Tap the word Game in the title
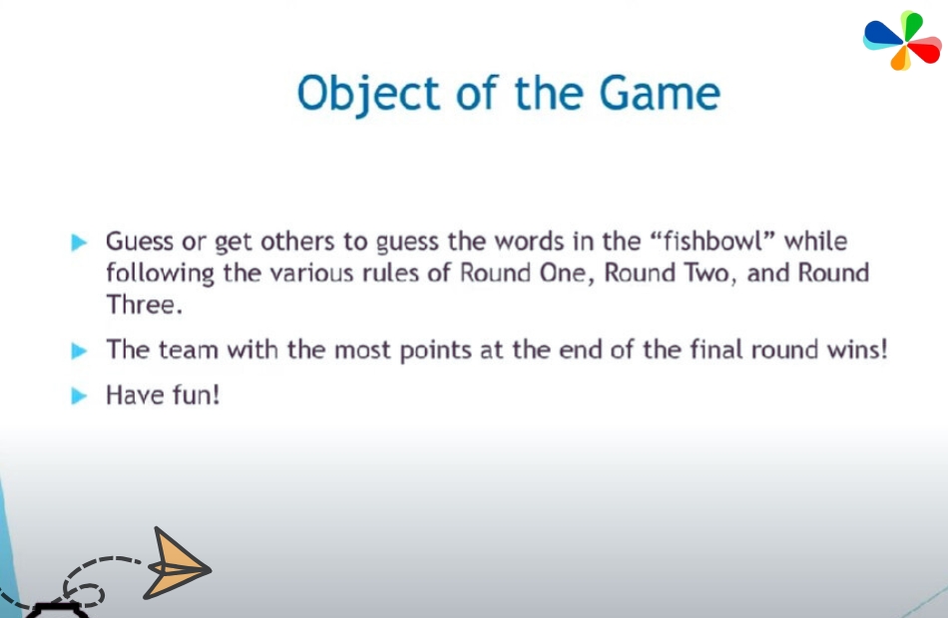pyautogui.click(x=660, y=93)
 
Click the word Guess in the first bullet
pyautogui.click(x=140, y=241)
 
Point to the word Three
pyautogui.click(x=144, y=304)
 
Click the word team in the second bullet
pyautogui.click(x=188, y=349)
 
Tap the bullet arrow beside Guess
pyautogui.click(x=79, y=242)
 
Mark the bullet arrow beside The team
pyautogui.click(x=79, y=351)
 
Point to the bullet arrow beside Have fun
pyautogui.click(x=79, y=396)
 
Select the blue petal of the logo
pyautogui.click(x=883, y=35)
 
